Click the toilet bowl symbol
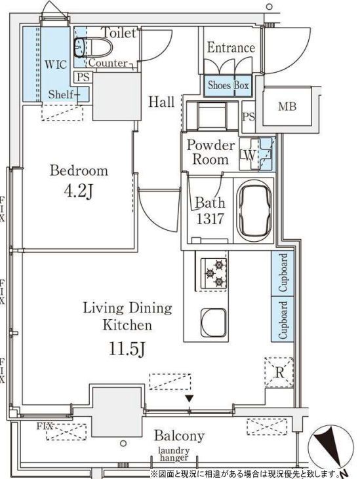click(x=93, y=47)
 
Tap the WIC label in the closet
click(x=55, y=64)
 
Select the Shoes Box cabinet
click(x=228, y=86)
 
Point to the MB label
click(x=287, y=106)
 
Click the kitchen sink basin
click(x=214, y=322)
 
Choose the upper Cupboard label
click(x=283, y=272)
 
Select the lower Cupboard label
click(x=283, y=320)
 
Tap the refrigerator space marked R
click(x=279, y=373)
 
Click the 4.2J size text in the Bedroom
click(x=78, y=191)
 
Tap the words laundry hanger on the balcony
click(x=174, y=454)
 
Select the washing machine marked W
click(x=250, y=154)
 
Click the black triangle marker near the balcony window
click(x=190, y=398)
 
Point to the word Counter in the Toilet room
click(x=108, y=63)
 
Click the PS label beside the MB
click(x=249, y=117)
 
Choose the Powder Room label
click(x=210, y=152)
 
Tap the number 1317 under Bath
click(x=210, y=218)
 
